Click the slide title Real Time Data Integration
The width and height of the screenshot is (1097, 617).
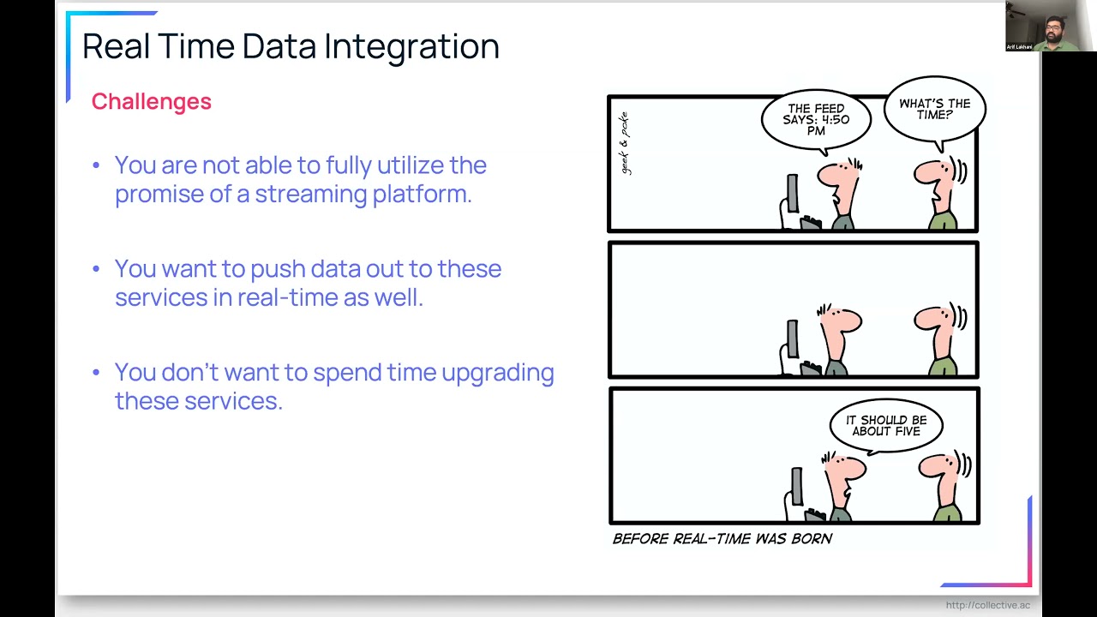[x=290, y=46]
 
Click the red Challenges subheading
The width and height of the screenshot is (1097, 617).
[x=151, y=101]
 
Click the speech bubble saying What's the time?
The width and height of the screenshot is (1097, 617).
[x=934, y=109]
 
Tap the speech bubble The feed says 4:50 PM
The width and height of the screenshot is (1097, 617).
[x=816, y=120]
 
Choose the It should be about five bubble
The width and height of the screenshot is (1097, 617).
[x=886, y=426]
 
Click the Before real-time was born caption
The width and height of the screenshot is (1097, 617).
[x=722, y=539]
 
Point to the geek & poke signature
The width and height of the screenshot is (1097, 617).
[x=624, y=143]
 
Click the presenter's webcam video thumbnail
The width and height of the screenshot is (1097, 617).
[x=1051, y=26]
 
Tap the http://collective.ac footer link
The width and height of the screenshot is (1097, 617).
[x=987, y=606]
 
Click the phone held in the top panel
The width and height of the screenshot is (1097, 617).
[x=792, y=193]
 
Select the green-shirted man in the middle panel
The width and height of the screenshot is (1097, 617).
[x=941, y=338]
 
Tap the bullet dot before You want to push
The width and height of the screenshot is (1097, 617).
[x=97, y=269]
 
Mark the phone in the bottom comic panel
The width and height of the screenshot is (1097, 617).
[x=796, y=486]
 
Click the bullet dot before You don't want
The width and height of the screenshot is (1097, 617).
[x=97, y=373]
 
